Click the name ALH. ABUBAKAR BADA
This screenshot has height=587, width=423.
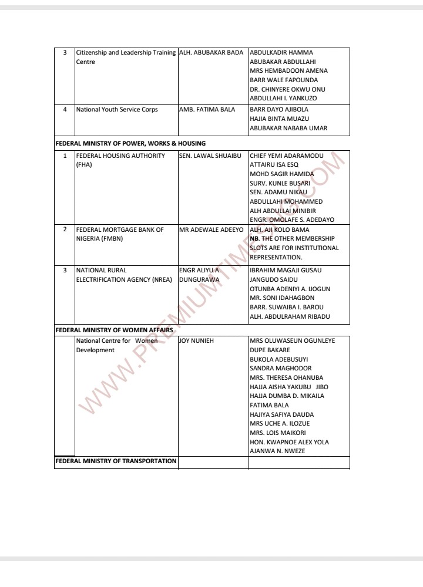tap(210, 53)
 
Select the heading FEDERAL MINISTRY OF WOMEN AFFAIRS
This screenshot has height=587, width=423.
tap(113, 330)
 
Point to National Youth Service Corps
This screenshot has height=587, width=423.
tap(117, 109)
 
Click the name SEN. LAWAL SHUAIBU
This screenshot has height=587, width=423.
tap(210, 156)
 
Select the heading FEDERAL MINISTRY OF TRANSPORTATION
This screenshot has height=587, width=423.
tap(116, 461)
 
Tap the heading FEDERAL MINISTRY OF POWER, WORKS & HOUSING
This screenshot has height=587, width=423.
tap(130, 143)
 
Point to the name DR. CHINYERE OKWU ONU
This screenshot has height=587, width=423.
tap(287, 89)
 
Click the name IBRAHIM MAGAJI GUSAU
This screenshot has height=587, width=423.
tap(285, 270)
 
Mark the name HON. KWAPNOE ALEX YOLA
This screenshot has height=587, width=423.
tap(289, 442)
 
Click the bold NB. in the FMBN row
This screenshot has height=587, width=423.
tap(254, 239)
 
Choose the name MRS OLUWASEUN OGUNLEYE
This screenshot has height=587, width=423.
tap(292, 340)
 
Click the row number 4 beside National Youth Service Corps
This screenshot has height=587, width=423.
tap(65, 109)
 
